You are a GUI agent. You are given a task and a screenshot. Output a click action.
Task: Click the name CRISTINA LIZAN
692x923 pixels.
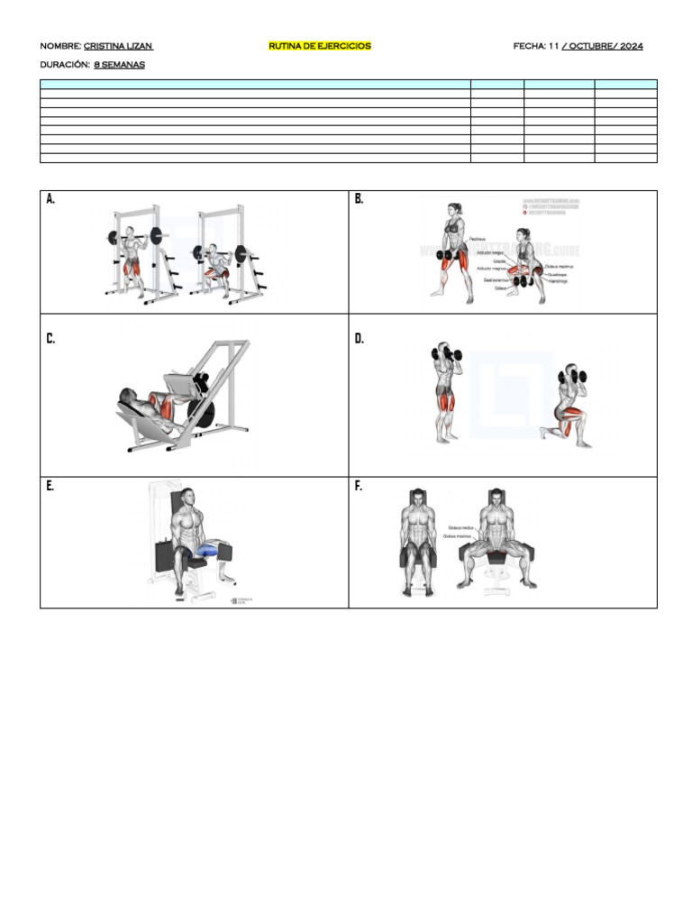point(118,46)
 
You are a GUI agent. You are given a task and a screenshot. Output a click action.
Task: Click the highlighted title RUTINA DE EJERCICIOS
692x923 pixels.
point(320,46)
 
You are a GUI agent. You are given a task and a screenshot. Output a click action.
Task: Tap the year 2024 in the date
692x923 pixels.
point(631,46)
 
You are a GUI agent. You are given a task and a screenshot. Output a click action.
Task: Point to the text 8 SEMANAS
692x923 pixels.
point(119,65)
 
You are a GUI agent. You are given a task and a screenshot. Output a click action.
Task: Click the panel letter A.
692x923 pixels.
point(50,199)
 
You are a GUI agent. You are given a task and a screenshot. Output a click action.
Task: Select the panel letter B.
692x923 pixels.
point(360,199)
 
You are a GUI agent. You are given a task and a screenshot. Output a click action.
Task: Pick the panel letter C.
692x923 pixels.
point(50,339)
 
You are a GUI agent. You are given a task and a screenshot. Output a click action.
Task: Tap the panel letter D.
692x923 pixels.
point(360,339)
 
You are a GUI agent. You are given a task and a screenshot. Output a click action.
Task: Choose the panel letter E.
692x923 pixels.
point(50,486)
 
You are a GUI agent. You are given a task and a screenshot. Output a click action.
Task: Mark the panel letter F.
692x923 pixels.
point(359,486)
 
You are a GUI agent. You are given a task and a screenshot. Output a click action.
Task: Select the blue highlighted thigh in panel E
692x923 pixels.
point(209,548)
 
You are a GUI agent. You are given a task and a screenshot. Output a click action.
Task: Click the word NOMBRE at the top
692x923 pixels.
point(59,46)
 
